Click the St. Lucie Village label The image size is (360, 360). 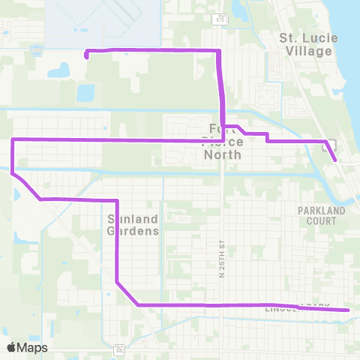point(305,44)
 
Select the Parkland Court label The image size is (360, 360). point(321,216)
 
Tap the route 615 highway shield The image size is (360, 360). point(218,18)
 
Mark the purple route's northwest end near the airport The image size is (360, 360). point(87,55)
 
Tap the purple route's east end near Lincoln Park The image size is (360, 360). point(349,310)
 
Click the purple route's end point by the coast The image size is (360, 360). point(334,160)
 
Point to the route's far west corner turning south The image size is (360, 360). point(13,140)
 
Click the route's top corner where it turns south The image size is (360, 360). point(218,50)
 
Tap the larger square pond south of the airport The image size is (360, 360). point(85,93)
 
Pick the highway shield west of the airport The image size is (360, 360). point(35,49)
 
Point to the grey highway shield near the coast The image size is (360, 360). point(328,148)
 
